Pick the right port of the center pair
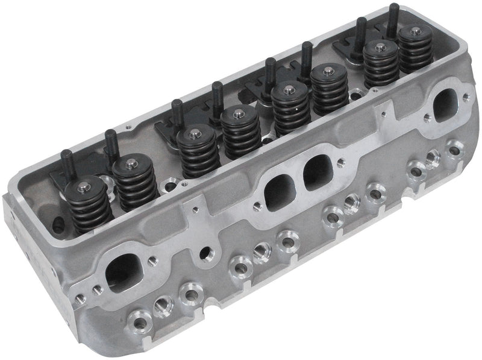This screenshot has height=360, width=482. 318,172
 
